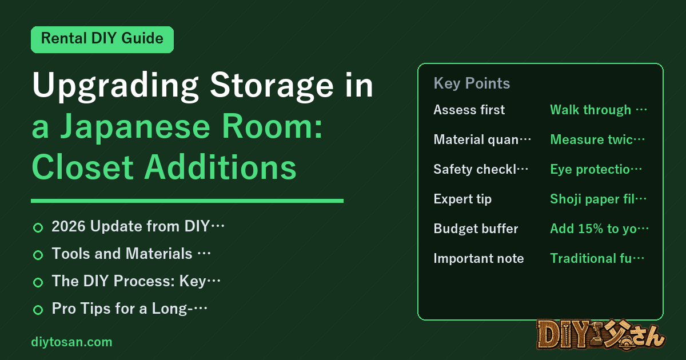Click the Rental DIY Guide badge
[102, 39]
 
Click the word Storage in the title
[272, 85]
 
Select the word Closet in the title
[83, 167]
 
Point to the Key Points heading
[472, 83]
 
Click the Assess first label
[469, 110]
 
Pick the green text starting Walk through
[599, 110]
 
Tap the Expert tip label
[462, 199]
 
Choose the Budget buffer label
[476, 229]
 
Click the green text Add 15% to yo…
[599, 229]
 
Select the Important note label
[478, 258]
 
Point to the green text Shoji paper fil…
[598, 199]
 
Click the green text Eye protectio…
[596, 169]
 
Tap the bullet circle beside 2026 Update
[38, 228]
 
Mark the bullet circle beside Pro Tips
[38, 310]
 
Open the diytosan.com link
[71, 342]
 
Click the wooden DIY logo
[601, 335]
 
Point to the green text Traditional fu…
[597, 258]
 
